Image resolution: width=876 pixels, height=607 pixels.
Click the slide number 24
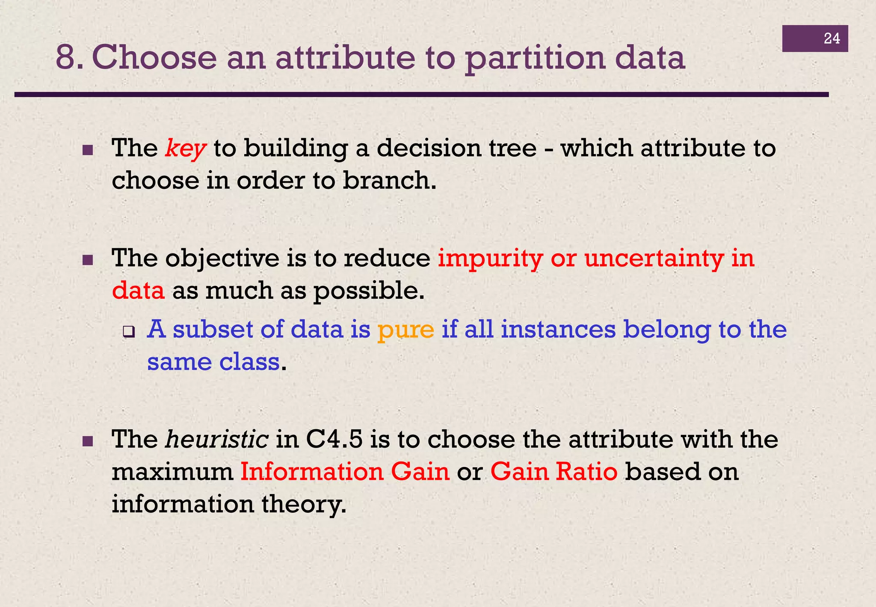coord(832,39)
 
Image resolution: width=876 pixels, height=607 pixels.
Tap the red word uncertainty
coord(654,259)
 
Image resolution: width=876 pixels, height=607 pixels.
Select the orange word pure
coord(405,330)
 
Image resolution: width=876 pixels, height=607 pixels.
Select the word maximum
coord(172,472)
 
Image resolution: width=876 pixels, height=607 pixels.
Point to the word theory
coord(303,504)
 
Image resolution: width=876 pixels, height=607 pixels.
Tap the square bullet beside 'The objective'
coord(88,260)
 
